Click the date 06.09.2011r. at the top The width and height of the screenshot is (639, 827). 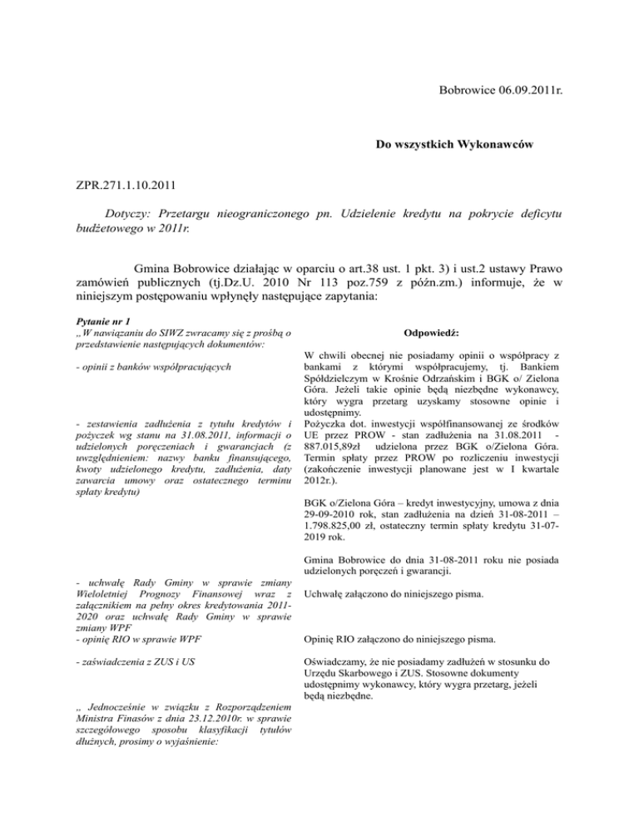(x=518, y=86)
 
